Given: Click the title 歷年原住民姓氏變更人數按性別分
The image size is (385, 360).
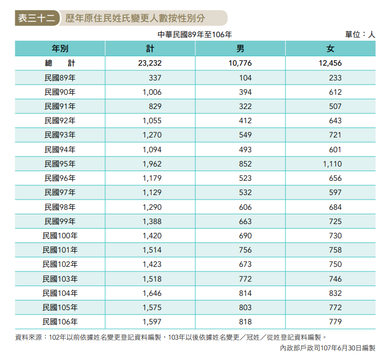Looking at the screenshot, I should click(135, 18).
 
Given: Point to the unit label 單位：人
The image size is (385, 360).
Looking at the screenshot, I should click(360, 35).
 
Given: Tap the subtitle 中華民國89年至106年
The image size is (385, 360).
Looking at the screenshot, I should click(195, 35).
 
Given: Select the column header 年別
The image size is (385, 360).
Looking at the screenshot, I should click(60, 49).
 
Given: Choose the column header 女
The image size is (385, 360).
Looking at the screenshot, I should click(330, 49).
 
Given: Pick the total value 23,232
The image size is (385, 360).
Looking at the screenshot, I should click(149, 64).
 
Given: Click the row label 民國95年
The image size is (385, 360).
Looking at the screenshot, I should click(60, 164).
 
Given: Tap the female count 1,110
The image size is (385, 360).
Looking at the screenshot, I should click(332, 164).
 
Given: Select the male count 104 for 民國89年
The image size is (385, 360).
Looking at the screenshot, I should click(246, 78).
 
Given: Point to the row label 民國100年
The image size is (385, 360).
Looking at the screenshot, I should click(60, 236).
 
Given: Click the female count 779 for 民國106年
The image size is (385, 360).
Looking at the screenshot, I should click(335, 322).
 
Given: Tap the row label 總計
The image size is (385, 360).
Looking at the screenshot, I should click(60, 64).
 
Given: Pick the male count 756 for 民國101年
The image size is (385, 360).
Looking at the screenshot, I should click(246, 250).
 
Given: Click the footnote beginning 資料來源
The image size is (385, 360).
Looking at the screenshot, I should click(170, 337).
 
